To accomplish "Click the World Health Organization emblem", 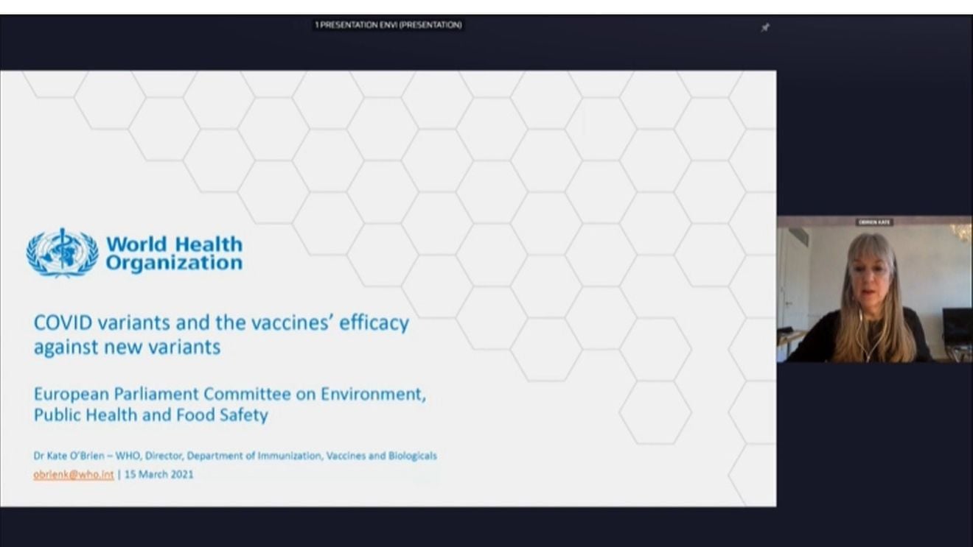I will [62, 253].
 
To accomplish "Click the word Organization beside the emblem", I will [174, 263].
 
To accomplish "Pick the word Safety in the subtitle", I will [243, 415].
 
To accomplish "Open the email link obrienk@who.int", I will [74, 474].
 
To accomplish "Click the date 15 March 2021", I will [158, 474].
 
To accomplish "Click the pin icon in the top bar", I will [765, 27].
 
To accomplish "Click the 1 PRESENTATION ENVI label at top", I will [388, 25].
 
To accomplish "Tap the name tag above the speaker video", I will [874, 222].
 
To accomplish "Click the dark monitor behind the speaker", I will [957, 324].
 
